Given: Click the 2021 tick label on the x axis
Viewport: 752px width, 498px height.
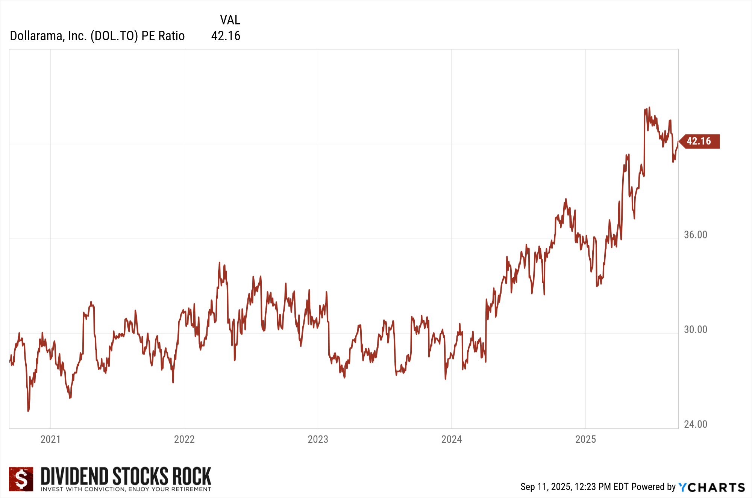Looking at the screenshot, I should (x=50, y=439).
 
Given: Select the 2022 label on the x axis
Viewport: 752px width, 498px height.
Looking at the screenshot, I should (x=184, y=439).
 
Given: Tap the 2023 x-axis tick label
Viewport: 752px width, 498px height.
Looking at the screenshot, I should (x=318, y=439).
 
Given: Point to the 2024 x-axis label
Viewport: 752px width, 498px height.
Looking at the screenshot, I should (x=451, y=439).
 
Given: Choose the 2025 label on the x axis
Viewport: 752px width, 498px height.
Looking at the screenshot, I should (x=585, y=439).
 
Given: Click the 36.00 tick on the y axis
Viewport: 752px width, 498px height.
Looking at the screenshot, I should (x=695, y=235).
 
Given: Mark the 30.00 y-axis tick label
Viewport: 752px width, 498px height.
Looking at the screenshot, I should (x=695, y=329).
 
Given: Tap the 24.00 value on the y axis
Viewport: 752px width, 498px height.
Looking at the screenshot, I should (x=695, y=424).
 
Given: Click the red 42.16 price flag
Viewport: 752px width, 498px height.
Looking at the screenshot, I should (x=699, y=141).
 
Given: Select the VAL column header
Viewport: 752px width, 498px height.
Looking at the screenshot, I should (x=230, y=20).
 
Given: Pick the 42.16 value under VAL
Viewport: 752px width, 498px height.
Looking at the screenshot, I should (x=226, y=36).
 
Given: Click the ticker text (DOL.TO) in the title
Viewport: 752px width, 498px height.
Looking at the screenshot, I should (x=114, y=36).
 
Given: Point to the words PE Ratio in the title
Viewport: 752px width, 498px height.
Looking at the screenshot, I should (x=163, y=36).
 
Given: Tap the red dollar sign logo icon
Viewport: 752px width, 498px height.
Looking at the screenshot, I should (x=21, y=479).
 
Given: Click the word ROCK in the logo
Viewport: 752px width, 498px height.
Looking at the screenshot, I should (x=192, y=476).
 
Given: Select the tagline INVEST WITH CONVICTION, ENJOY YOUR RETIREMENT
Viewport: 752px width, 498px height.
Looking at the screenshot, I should (x=126, y=489).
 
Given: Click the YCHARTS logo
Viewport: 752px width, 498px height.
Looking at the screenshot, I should (x=712, y=487).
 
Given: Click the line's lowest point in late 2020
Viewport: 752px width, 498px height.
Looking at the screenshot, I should (x=28, y=411).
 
